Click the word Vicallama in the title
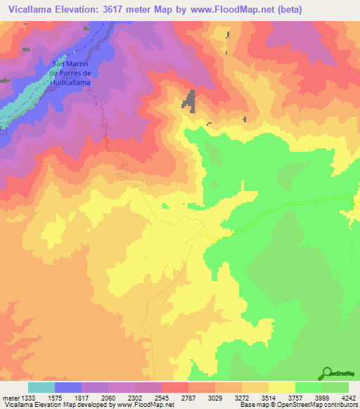click(34, 10)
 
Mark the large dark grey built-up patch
click(189, 100)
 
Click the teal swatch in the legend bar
click(41, 388)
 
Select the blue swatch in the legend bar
click(68, 388)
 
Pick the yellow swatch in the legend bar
click(282, 388)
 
